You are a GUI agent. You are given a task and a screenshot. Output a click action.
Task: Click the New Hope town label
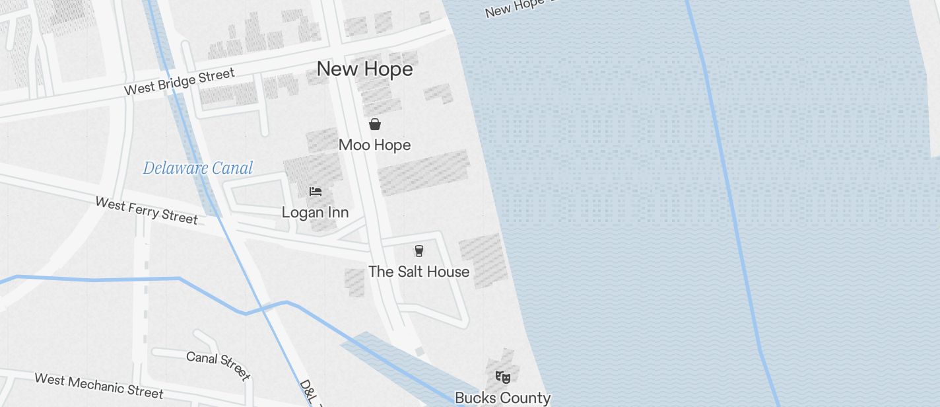(364, 69)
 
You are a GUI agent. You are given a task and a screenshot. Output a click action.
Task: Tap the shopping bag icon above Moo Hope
(375, 124)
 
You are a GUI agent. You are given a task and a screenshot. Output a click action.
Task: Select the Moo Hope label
(374, 145)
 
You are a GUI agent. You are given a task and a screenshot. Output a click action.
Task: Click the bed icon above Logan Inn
(316, 192)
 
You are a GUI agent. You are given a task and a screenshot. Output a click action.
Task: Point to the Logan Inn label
(315, 212)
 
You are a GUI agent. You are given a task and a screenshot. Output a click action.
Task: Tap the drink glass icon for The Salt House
(419, 250)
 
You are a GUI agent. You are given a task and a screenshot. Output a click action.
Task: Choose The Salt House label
(419, 272)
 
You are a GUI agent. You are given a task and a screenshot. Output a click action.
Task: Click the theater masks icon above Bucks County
(503, 377)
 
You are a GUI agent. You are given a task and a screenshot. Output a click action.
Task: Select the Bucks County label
(502, 398)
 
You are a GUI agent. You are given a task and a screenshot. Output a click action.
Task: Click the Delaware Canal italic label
(198, 168)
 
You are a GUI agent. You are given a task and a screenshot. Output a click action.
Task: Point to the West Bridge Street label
(180, 81)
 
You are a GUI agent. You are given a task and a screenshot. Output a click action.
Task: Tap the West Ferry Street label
(147, 210)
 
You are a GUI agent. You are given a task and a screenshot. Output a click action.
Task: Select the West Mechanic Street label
(98, 386)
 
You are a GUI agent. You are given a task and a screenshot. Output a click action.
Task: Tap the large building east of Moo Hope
(424, 172)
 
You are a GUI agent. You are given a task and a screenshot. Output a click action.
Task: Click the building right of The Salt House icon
(484, 259)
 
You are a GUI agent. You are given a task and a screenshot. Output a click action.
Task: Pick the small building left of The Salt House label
(354, 282)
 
